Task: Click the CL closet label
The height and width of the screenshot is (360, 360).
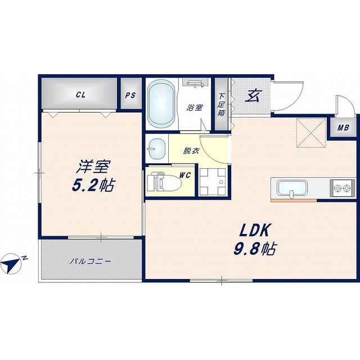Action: pyautogui.click(x=80, y=94)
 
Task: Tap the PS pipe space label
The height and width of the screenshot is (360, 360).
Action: pyautogui.click(x=130, y=95)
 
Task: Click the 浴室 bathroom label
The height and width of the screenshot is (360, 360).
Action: pyautogui.click(x=195, y=107)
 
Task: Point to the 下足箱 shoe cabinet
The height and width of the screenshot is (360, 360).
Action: pyautogui.click(x=221, y=104)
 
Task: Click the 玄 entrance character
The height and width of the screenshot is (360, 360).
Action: pyautogui.click(x=252, y=96)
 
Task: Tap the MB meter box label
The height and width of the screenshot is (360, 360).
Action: pyautogui.click(x=343, y=128)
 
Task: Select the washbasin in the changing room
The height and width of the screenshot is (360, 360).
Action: pyautogui.click(x=157, y=148)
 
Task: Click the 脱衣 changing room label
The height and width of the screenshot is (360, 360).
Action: pyautogui.click(x=191, y=151)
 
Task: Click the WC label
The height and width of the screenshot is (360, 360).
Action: pyautogui.click(x=185, y=175)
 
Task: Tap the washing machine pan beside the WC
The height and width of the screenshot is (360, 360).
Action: pyautogui.click(x=213, y=181)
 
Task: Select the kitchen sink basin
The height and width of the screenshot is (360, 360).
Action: pyautogui.click(x=292, y=188)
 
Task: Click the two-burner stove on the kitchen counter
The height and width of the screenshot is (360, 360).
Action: pyautogui.click(x=342, y=188)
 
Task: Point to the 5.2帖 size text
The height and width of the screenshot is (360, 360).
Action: pyautogui.click(x=93, y=185)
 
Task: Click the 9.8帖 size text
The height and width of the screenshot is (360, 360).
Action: pyautogui.click(x=254, y=249)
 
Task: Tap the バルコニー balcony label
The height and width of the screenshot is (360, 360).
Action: pyautogui.click(x=91, y=261)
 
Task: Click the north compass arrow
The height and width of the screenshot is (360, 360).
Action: pyautogui.click(x=11, y=264)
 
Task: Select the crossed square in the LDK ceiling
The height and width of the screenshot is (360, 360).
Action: pyautogui.click(x=311, y=132)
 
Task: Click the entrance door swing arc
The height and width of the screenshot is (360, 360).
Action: pyautogui.click(x=296, y=101)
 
